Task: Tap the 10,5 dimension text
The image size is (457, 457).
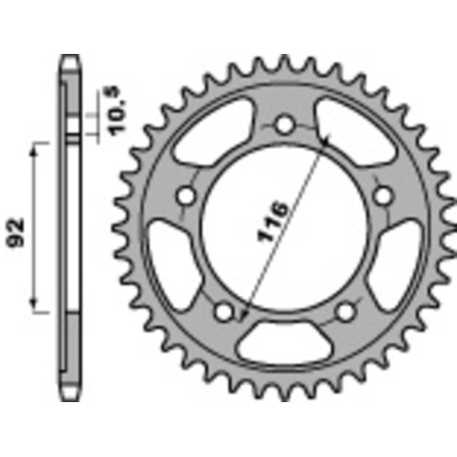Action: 110,103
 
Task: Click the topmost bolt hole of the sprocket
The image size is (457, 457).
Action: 285,125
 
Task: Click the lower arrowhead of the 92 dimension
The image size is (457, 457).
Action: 37,305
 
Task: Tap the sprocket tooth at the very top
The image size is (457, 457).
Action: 285,63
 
